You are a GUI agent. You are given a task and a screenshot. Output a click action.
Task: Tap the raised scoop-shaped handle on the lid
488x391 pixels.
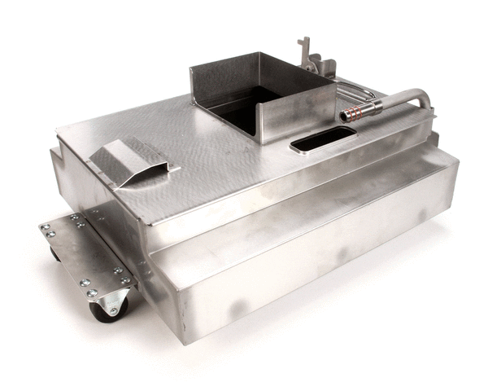[130, 159]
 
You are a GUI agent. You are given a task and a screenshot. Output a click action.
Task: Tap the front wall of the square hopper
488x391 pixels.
[298, 113]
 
